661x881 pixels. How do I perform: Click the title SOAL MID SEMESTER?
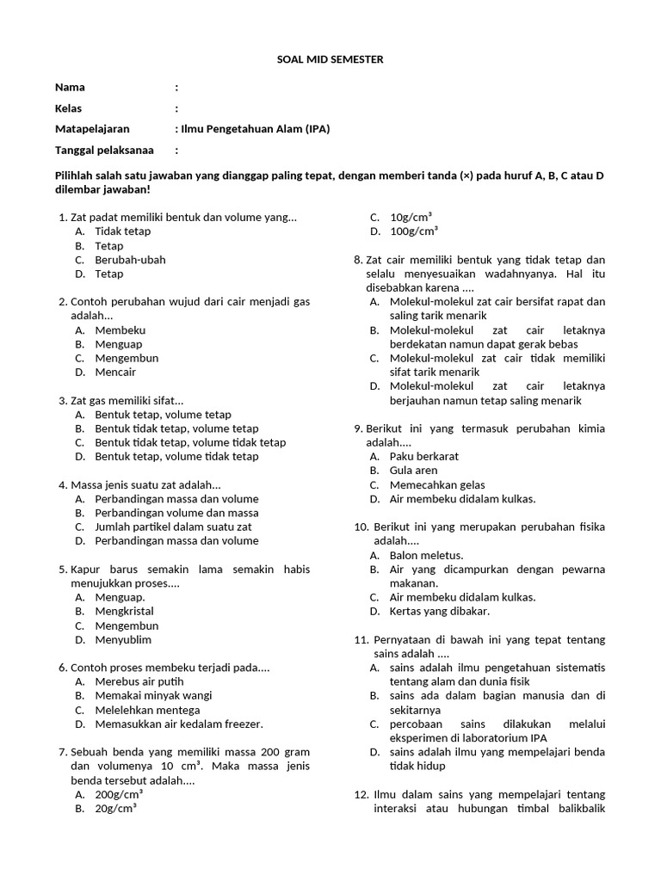click(330, 59)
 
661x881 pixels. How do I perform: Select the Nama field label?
click(71, 87)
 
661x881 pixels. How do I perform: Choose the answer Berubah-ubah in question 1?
click(130, 260)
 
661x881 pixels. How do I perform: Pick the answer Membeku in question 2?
click(120, 330)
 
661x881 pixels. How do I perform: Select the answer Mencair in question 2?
click(115, 372)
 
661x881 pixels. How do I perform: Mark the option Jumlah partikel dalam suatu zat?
click(173, 527)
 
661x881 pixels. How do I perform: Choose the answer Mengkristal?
click(124, 611)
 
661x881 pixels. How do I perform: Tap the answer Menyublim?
click(123, 639)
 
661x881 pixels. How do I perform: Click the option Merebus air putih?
click(140, 681)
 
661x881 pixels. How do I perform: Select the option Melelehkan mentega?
click(147, 710)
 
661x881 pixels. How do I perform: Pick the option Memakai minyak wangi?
click(153, 695)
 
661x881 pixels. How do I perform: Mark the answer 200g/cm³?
click(119, 794)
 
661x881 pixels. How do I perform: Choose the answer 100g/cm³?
click(414, 231)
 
